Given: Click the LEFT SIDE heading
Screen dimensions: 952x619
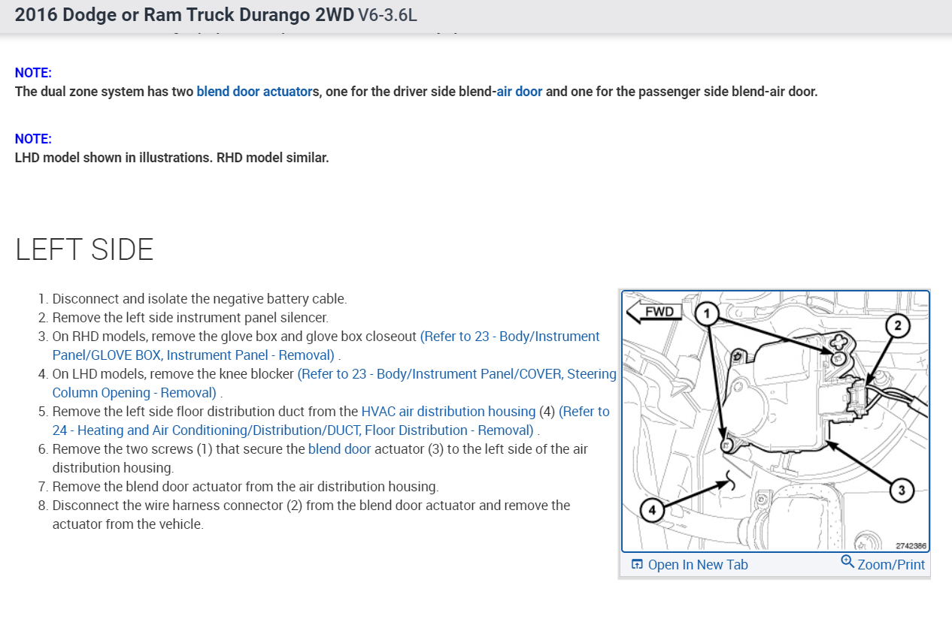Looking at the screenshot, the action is click(x=84, y=249).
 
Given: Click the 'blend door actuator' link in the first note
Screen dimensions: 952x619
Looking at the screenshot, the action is click(x=253, y=92).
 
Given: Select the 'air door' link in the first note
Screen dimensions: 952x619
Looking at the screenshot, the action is click(x=519, y=92).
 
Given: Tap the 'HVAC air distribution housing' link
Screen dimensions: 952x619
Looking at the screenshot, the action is click(x=448, y=412).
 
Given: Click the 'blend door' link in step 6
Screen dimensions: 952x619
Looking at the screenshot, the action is click(x=339, y=449).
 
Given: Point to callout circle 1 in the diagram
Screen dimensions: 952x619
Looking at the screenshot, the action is click(x=706, y=313).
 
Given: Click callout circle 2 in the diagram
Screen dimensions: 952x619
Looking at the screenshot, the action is click(x=896, y=325).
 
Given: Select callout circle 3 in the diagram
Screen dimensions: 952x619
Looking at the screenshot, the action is click(x=901, y=491).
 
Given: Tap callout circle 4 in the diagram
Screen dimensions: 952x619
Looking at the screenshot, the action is click(x=652, y=511).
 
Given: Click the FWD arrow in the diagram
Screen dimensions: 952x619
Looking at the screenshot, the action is click(x=654, y=311).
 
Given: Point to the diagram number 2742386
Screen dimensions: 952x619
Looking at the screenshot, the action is click(x=910, y=546).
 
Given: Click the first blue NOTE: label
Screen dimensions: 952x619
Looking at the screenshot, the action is click(x=33, y=73).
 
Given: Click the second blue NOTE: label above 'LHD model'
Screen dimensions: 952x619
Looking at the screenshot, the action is click(x=33, y=139).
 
